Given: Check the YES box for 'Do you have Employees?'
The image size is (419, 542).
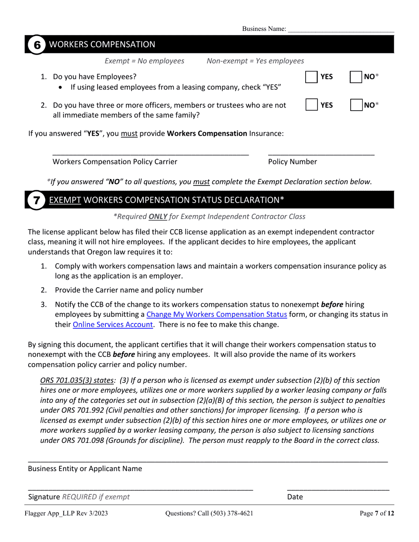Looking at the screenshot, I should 311,77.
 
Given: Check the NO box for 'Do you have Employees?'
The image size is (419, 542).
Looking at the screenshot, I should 356,77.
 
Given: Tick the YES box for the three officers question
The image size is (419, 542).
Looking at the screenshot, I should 311,105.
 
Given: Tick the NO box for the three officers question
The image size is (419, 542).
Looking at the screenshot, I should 356,105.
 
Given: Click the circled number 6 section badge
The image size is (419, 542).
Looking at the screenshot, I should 37,45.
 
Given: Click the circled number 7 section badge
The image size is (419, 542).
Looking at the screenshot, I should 37,200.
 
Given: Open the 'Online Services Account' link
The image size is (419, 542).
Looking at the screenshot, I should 112,325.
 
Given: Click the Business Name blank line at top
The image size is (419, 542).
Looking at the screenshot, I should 340,30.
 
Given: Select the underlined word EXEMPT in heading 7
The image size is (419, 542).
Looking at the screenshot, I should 65,200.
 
